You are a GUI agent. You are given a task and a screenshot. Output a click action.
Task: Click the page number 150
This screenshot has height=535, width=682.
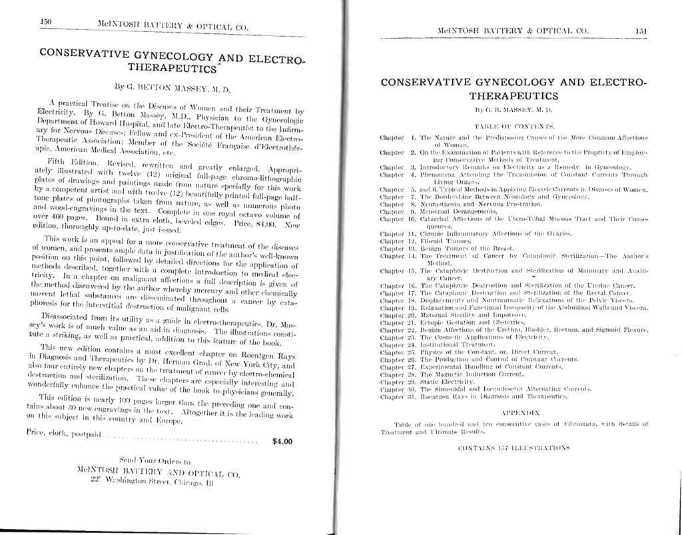(46, 21)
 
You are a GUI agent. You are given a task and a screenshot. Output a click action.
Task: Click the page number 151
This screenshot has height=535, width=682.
(641, 31)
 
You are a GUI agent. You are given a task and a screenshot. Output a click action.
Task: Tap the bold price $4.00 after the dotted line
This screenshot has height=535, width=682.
(282, 441)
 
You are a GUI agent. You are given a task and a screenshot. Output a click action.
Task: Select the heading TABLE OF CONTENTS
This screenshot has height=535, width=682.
(513, 125)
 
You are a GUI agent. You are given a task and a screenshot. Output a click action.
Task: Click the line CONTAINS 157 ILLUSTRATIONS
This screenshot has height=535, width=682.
(512, 448)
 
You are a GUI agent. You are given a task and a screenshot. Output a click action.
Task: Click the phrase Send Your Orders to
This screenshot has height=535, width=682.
(154, 460)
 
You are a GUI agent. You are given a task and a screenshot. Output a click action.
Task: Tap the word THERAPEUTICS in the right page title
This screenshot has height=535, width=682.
(513, 97)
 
